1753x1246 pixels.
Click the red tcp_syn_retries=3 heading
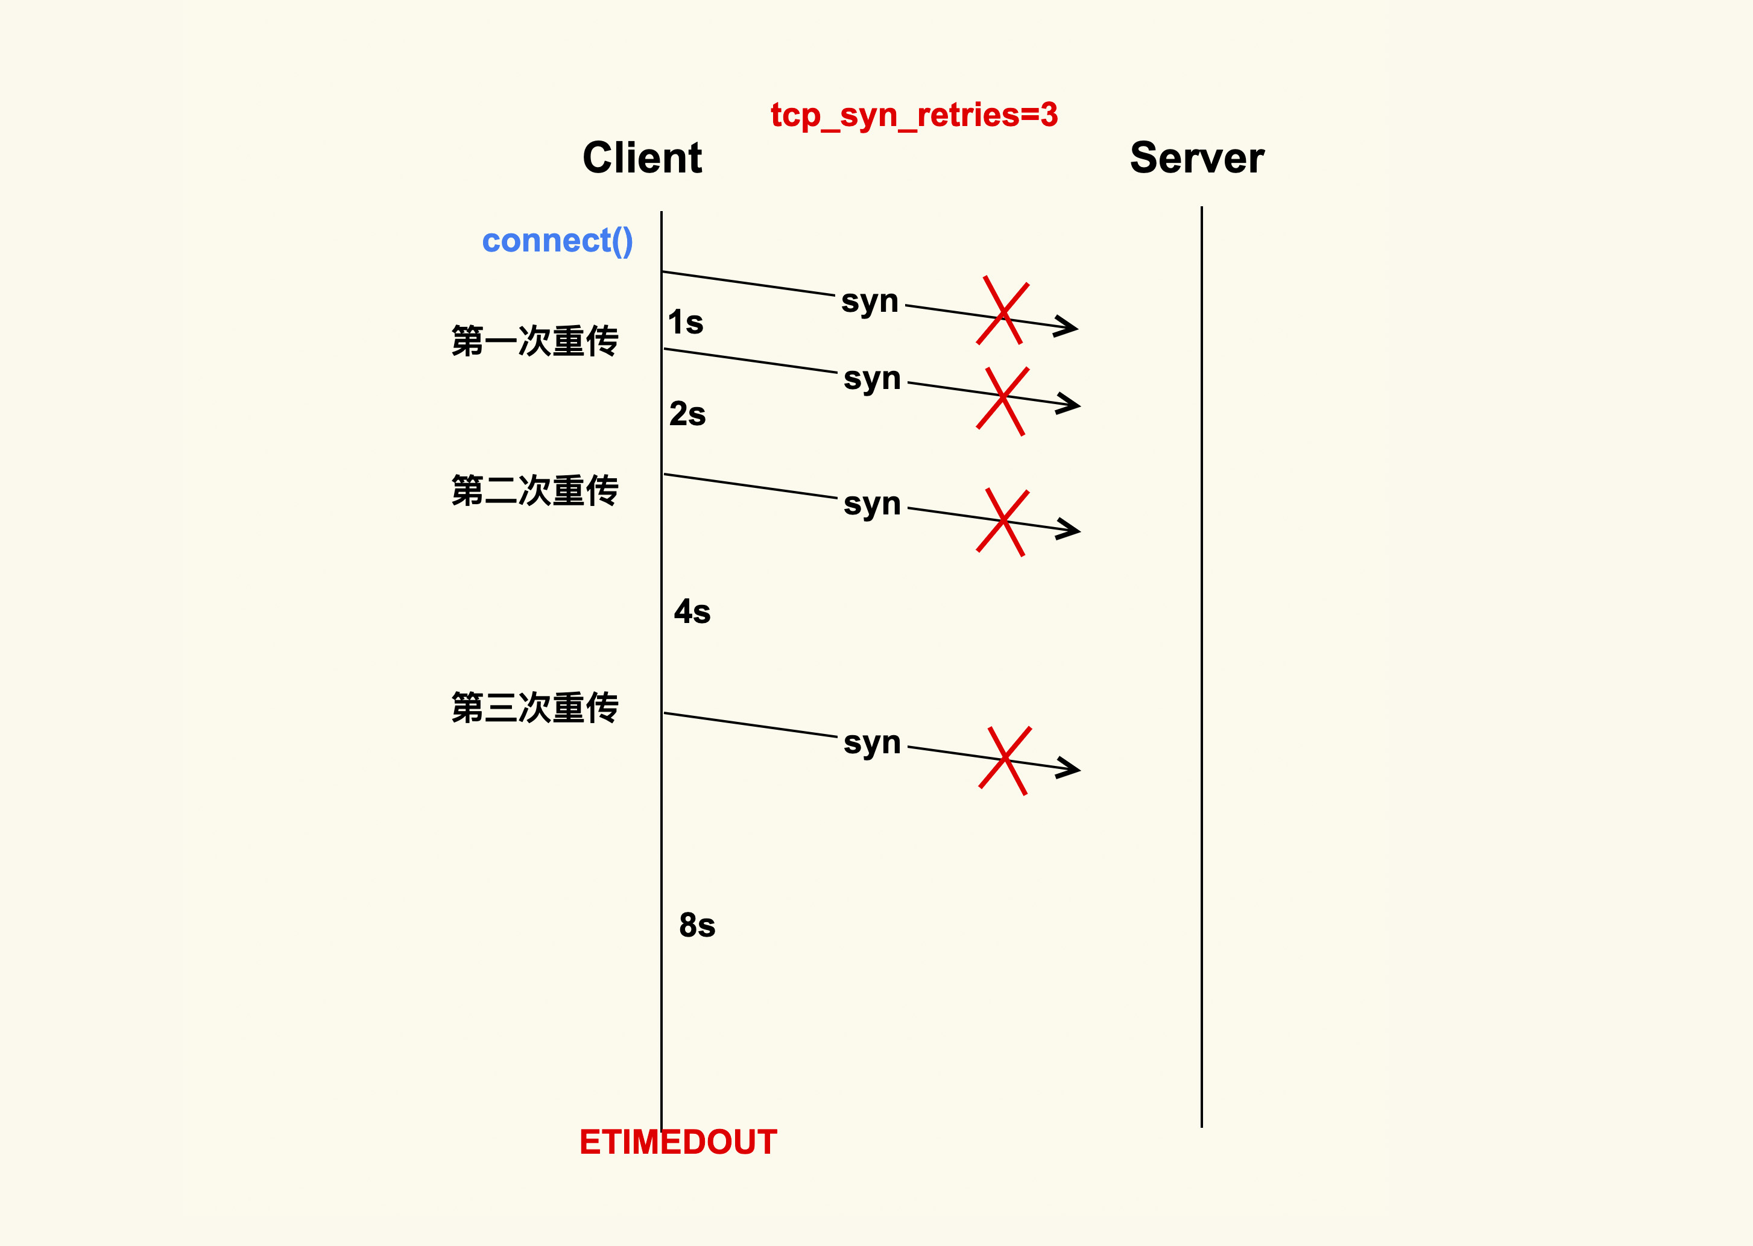click(x=914, y=116)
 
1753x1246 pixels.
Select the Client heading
click(x=642, y=158)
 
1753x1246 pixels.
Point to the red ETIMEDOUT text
click(x=678, y=1142)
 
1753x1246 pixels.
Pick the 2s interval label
click(x=687, y=414)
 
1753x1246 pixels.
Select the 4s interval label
click(x=692, y=612)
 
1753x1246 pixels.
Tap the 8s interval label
click(x=696, y=925)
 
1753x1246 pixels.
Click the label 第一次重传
click(x=535, y=341)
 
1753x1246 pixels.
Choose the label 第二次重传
click(x=535, y=490)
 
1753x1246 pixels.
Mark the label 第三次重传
click(x=535, y=707)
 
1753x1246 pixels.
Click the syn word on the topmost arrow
click(x=869, y=302)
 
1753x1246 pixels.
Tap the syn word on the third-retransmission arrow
click(x=871, y=742)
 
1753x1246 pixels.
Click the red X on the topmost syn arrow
click(x=1003, y=311)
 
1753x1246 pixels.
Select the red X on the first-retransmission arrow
click(x=1003, y=401)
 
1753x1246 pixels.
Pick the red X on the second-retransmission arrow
click(x=1003, y=522)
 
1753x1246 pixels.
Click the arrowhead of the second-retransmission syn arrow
click(x=1070, y=529)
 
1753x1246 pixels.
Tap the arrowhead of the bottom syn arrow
click(x=1070, y=767)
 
